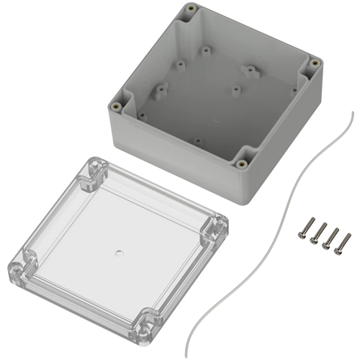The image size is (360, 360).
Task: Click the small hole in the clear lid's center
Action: pyautogui.click(x=119, y=253)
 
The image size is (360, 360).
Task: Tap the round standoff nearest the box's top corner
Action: pyautogui.click(x=205, y=52)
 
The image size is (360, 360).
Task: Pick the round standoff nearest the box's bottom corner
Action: pyautogui.click(x=197, y=142)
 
